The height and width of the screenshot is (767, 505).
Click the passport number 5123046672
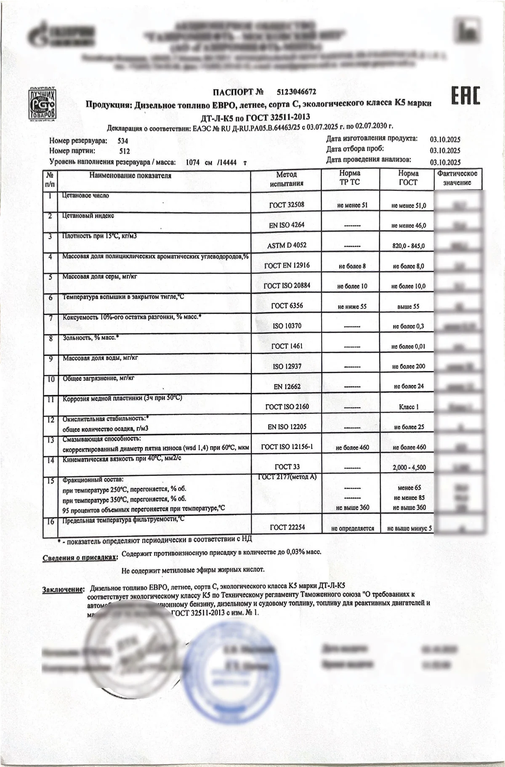[x=296, y=92]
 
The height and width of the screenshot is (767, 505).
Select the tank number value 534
[x=123, y=141]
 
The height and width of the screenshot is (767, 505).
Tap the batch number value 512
[x=125, y=151]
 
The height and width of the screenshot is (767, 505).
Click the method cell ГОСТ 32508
[x=287, y=205]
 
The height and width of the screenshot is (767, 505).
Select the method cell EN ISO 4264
[x=287, y=225]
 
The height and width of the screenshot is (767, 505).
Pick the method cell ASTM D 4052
[x=287, y=245]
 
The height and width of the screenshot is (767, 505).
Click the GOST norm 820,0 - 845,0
[x=408, y=246]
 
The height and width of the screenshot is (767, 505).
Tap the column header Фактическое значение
[x=457, y=178]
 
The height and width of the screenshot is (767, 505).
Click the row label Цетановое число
[x=85, y=196]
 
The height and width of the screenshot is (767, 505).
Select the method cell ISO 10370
[x=287, y=326]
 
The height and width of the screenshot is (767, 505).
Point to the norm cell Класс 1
[x=409, y=407]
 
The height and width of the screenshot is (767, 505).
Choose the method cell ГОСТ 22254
[x=287, y=527]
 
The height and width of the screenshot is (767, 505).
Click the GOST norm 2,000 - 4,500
[x=409, y=467]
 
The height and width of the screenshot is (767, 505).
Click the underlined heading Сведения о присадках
[x=80, y=558]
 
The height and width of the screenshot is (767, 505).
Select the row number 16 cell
[x=50, y=522]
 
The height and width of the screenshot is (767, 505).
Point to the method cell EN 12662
[x=287, y=386]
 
